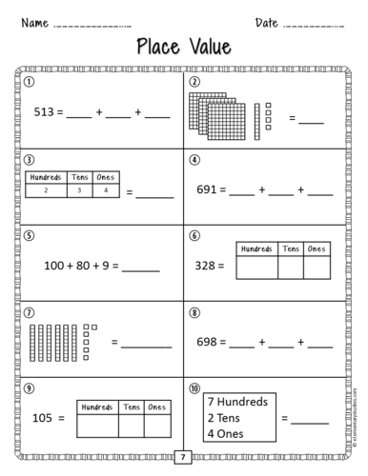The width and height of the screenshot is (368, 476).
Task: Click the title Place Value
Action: (183, 46)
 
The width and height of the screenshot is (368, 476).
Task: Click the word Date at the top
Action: (267, 22)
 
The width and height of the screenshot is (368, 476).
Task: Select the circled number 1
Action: (30, 82)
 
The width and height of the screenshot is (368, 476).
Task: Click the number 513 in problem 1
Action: (45, 111)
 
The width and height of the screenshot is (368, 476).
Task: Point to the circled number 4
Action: (194, 159)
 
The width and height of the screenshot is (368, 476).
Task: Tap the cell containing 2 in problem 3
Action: (46, 189)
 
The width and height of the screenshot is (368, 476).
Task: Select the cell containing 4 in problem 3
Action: (106, 189)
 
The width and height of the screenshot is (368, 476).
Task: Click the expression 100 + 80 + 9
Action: (77, 266)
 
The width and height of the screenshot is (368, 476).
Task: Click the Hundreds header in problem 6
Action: (256, 248)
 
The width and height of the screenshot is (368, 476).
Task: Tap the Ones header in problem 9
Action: (155, 405)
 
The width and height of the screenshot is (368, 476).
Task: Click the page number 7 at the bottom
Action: (183, 459)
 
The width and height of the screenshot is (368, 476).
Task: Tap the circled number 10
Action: (194, 388)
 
